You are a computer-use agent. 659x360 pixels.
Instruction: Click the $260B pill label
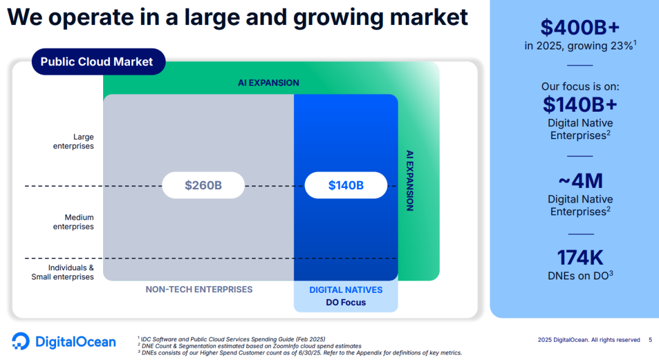[203, 185]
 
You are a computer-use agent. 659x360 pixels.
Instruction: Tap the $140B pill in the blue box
[346, 185]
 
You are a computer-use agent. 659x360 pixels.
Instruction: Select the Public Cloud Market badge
[98, 62]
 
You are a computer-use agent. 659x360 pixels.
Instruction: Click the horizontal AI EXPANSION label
[268, 83]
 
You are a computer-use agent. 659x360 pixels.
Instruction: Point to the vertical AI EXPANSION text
[410, 181]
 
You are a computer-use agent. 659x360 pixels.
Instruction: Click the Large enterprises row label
[74, 142]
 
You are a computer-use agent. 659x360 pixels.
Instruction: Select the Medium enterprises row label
[74, 222]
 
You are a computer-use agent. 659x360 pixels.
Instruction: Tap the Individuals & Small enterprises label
[63, 272]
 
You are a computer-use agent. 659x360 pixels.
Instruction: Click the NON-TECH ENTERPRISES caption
[199, 289]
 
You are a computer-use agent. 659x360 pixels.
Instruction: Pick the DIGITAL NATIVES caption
[346, 290]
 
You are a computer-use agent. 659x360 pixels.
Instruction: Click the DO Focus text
[346, 303]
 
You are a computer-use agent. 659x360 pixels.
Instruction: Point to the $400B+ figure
[580, 27]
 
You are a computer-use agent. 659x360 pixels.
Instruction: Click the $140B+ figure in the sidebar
[580, 104]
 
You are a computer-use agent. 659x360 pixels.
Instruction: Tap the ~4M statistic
[580, 181]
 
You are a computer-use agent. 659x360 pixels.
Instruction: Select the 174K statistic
[580, 257]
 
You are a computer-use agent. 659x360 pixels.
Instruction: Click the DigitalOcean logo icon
[21, 341]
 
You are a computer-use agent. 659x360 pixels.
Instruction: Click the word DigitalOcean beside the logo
[76, 342]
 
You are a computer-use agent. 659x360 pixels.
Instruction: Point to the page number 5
[650, 340]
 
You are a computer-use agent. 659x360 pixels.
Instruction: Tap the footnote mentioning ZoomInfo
[250, 346]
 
